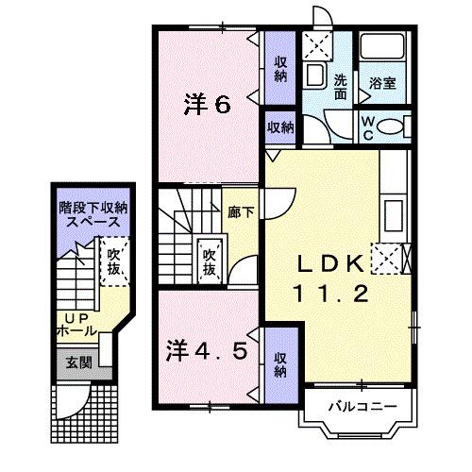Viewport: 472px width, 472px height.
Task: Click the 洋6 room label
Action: point(207,104)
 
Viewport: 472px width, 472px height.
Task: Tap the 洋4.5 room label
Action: point(210,351)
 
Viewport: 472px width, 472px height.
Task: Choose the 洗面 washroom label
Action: point(341,87)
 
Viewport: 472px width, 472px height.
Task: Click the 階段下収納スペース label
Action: point(92,213)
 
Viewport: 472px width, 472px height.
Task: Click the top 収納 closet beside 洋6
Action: point(281,67)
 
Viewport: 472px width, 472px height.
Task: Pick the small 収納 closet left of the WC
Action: point(279,125)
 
